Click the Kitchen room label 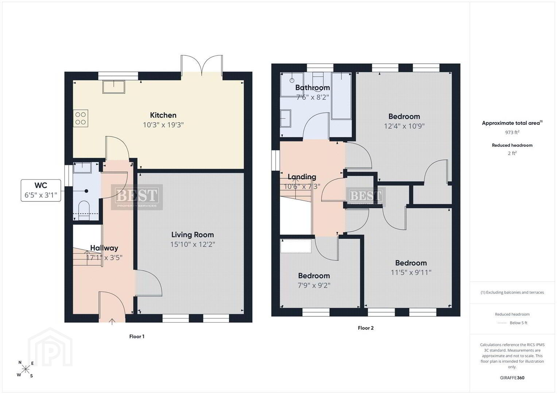(163, 115)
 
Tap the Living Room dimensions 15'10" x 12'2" (193, 244)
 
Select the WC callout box (41, 190)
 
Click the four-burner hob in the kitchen (81, 119)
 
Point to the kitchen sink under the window (114, 87)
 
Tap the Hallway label (104, 248)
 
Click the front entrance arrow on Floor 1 (112, 322)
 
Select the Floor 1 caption (137, 336)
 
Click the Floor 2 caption (365, 328)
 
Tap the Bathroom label (313, 88)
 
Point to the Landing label (302, 177)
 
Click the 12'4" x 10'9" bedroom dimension (404, 126)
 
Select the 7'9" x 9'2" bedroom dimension (314, 285)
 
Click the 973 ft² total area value (512, 132)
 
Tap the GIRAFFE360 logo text (512, 378)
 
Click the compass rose (25, 369)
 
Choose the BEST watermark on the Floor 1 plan (137, 197)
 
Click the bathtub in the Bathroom (341, 96)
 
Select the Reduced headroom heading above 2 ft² (512, 145)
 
